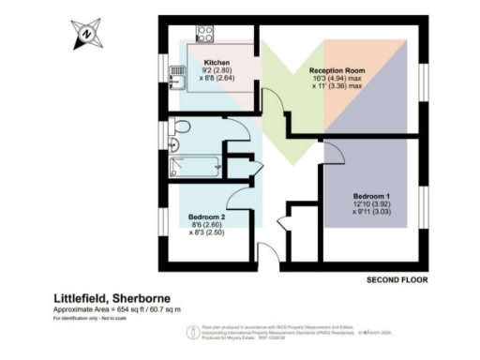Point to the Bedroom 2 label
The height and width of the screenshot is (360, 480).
[206, 216]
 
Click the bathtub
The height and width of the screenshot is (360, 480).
[193, 167]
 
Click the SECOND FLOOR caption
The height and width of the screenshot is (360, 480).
[397, 279]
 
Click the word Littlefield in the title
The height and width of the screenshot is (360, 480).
[80, 295]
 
